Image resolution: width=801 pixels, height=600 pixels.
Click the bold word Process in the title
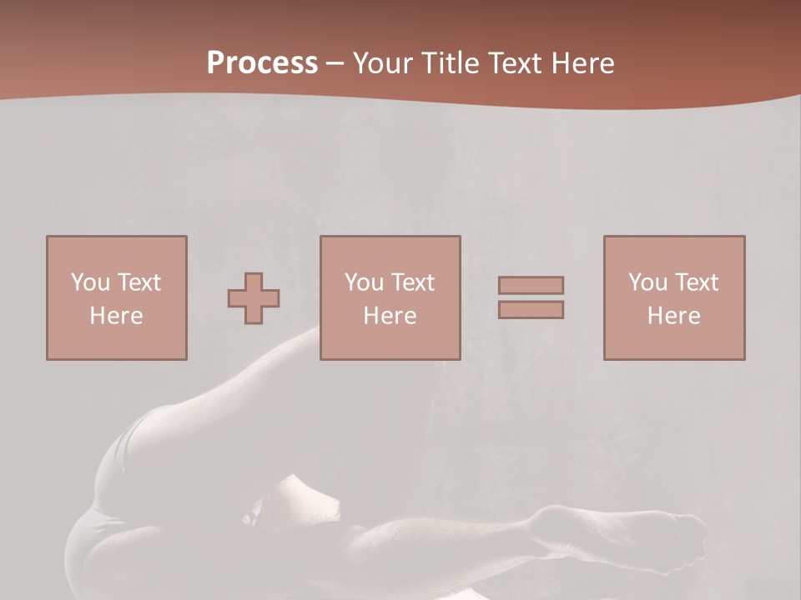tap(262, 63)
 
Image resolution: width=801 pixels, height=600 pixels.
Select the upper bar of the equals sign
tap(531, 286)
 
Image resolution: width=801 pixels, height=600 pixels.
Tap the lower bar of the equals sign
tap(531, 309)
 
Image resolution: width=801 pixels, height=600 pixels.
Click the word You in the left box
tap(89, 282)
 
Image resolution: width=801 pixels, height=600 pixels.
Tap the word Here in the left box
tap(117, 316)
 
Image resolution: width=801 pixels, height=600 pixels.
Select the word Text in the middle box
tap(413, 282)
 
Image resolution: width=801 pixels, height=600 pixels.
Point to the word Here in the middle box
tap(390, 316)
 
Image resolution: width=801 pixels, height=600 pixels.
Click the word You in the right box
tap(647, 282)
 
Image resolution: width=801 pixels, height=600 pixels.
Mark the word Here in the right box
tap(674, 316)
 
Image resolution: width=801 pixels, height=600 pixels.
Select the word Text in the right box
tap(697, 282)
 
